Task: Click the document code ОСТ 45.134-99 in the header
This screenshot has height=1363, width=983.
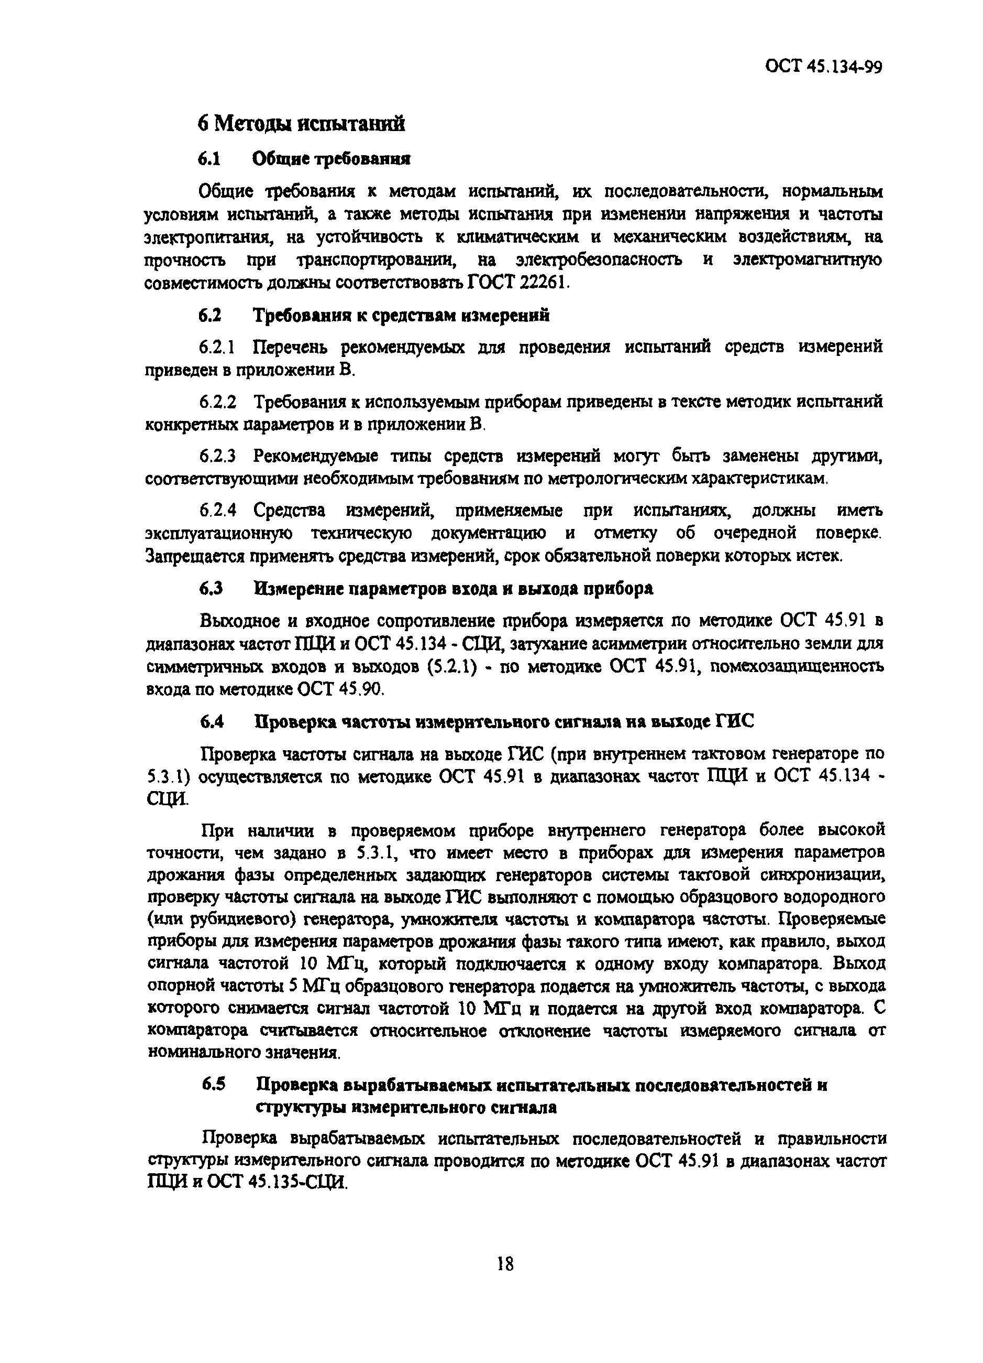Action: (x=823, y=67)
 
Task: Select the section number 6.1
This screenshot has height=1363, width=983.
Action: (x=209, y=159)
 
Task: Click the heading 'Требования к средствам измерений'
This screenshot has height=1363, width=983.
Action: (x=401, y=316)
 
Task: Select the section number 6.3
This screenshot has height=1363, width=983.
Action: (x=211, y=589)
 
